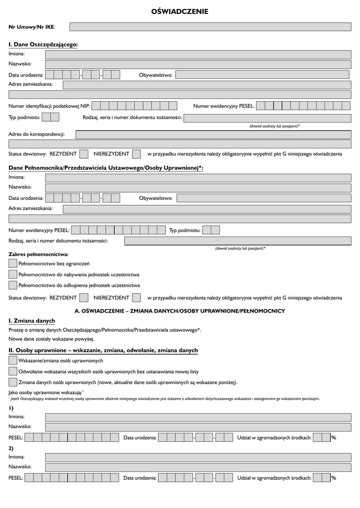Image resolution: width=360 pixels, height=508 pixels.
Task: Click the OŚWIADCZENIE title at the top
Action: pos(180,11)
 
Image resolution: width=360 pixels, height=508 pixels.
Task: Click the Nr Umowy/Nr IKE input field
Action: pos(210,26)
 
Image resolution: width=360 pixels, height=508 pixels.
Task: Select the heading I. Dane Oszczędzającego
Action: pos(43,45)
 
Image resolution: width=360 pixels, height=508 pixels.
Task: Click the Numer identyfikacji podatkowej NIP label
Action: pos(49,106)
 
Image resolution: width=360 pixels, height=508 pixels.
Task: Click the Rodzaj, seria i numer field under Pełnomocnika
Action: pos(237,241)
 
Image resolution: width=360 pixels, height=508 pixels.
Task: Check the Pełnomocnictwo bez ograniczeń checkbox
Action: pos(13,263)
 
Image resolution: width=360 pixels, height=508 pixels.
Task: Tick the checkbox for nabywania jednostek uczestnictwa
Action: pos(13,274)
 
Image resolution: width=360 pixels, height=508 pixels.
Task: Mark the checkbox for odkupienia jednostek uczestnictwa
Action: pos(13,285)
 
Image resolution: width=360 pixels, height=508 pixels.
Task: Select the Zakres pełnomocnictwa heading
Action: pos(38,254)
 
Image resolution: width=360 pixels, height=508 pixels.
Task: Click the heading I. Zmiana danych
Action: pos(32,321)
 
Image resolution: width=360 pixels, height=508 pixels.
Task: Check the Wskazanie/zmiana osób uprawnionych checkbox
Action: pos(13,360)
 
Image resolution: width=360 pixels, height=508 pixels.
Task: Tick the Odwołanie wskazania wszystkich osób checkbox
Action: pos(13,371)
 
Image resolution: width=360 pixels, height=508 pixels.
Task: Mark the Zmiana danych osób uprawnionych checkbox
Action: pos(13,382)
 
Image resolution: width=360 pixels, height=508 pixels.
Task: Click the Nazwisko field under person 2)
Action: pos(198,467)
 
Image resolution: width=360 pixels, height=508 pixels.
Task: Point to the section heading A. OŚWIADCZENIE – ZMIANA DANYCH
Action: pos(179,311)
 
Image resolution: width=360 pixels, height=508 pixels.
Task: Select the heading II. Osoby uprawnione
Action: pos(103,350)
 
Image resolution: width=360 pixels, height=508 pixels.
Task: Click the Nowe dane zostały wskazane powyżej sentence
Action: pos(51,339)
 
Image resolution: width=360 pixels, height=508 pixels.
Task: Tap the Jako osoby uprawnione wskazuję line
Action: pos(45,392)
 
